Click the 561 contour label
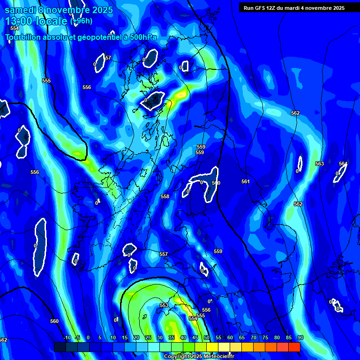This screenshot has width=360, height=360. pyautogui.click(x=246, y=181)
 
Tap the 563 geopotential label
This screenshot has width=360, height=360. pyautogui.click(x=320, y=164)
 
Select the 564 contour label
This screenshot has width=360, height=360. pyautogui.click(x=343, y=164)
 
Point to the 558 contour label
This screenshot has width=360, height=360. pyautogui.click(x=165, y=196)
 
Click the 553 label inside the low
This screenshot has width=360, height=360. pyautogui.click(x=164, y=305)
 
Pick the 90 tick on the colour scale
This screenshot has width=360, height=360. pyautogui.click(x=300, y=337)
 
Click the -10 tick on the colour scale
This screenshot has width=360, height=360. pyautogui.click(x=67, y=337)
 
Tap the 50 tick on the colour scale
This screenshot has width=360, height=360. pyautogui.click(x=207, y=337)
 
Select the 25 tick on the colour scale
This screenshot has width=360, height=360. pyautogui.click(x=148, y=337)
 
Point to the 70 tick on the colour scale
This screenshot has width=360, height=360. pyautogui.click(x=254, y=337)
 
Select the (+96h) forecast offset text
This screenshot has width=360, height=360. pyautogui.click(x=82, y=21)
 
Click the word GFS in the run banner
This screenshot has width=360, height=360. pyautogui.click(x=262, y=8)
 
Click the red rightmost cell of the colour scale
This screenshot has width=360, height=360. pyautogui.click(x=294, y=347)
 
